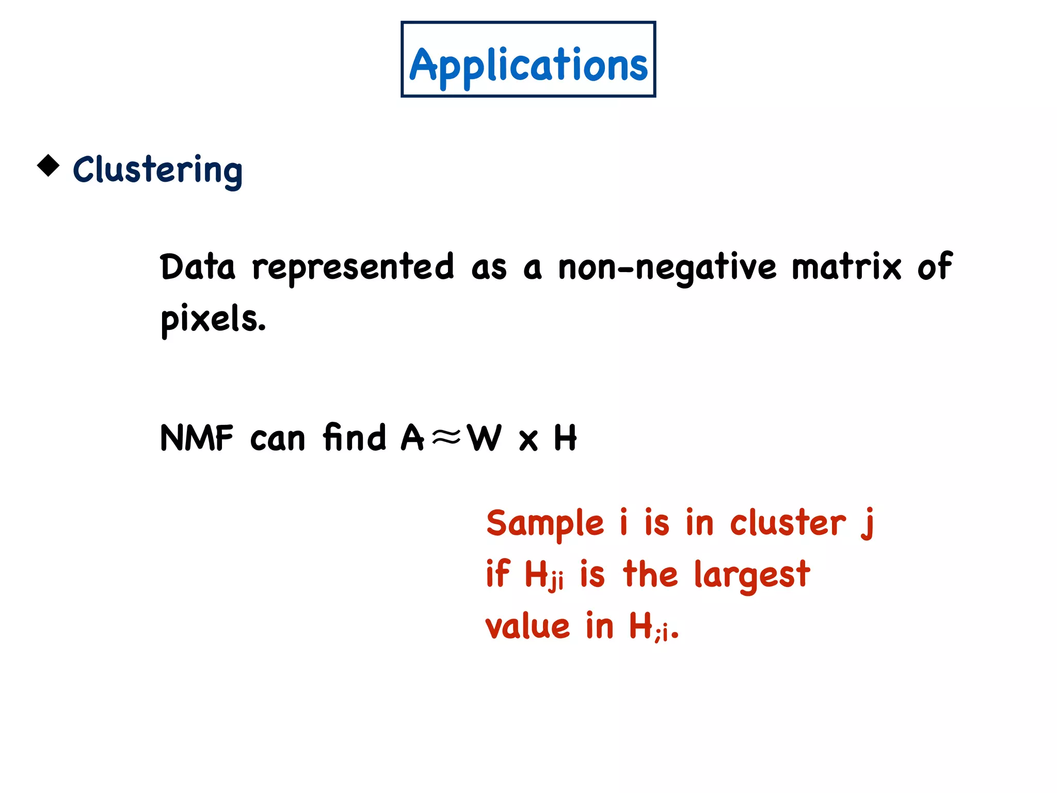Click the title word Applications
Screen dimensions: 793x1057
528,65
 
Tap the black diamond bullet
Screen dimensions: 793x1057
49,166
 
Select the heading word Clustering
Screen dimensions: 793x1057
157,170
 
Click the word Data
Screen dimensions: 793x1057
198,267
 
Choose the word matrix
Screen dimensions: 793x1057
846,267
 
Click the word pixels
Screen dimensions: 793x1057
213,319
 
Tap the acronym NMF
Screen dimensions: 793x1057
197,438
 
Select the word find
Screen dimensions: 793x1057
355,437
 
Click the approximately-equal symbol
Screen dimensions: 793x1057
446,438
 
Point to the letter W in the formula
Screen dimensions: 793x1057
484,438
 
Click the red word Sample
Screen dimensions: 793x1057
545,524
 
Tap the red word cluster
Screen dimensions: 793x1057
788,524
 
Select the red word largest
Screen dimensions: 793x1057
752,575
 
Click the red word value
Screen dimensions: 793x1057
527,627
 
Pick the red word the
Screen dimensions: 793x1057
650,574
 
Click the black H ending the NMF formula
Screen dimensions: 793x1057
565,438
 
